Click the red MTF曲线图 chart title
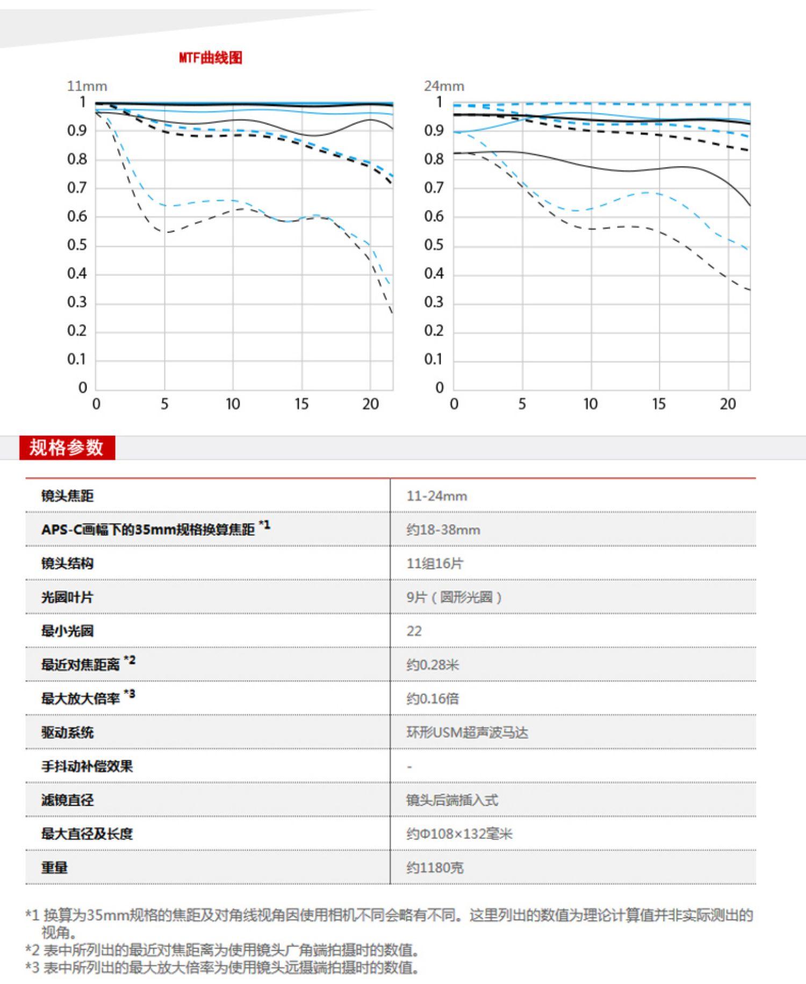click(x=211, y=57)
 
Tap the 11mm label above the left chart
click(x=87, y=86)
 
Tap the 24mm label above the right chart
click(x=444, y=86)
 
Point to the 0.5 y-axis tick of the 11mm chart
click(x=76, y=245)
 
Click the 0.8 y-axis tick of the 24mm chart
click(x=434, y=159)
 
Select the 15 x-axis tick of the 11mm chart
click(x=301, y=404)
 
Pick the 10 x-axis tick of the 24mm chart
click(x=591, y=404)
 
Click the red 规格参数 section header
click(x=67, y=447)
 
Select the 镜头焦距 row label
click(x=67, y=495)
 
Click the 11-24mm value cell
click(x=436, y=495)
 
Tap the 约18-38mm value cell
click(x=443, y=530)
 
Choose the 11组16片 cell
click(x=435, y=563)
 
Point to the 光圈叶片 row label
click(x=67, y=597)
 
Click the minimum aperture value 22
click(x=414, y=631)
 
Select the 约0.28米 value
click(x=433, y=665)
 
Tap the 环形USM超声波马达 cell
click(x=467, y=732)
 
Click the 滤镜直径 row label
click(x=67, y=800)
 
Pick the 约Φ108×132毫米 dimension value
click(x=459, y=834)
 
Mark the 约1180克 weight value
click(x=435, y=868)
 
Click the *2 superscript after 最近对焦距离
click(x=129, y=660)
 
